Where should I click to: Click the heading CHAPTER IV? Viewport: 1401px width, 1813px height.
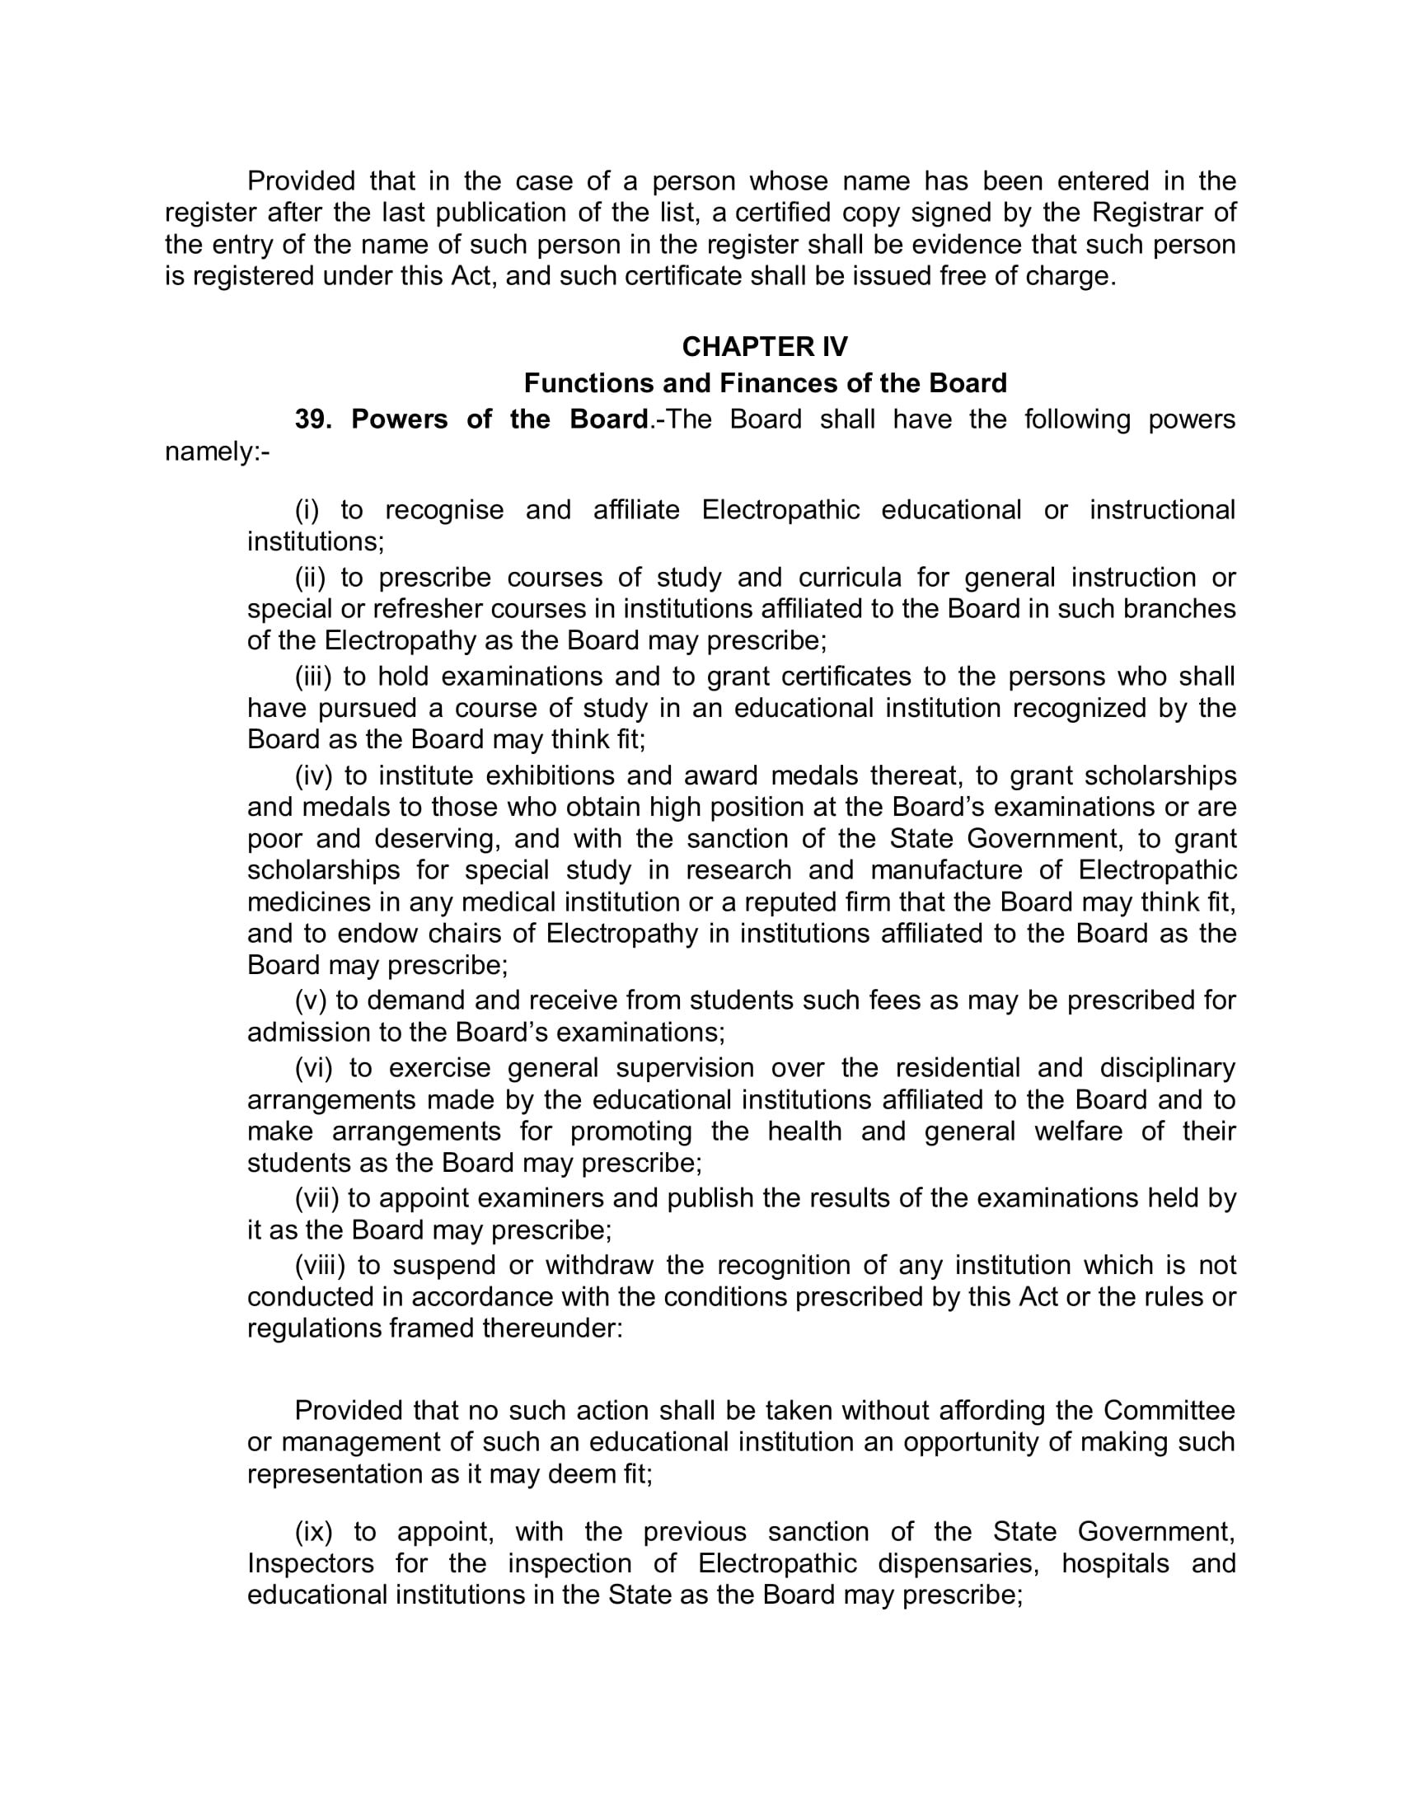click(765, 347)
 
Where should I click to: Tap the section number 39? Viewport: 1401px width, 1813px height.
click(313, 420)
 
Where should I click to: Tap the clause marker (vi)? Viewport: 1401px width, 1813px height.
click(313, 1068)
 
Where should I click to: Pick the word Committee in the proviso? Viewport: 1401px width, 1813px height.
click(1169, 1411)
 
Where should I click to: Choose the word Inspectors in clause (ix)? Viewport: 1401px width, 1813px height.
click(311, 1564)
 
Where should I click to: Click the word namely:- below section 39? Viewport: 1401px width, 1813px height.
click(218, 452)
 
